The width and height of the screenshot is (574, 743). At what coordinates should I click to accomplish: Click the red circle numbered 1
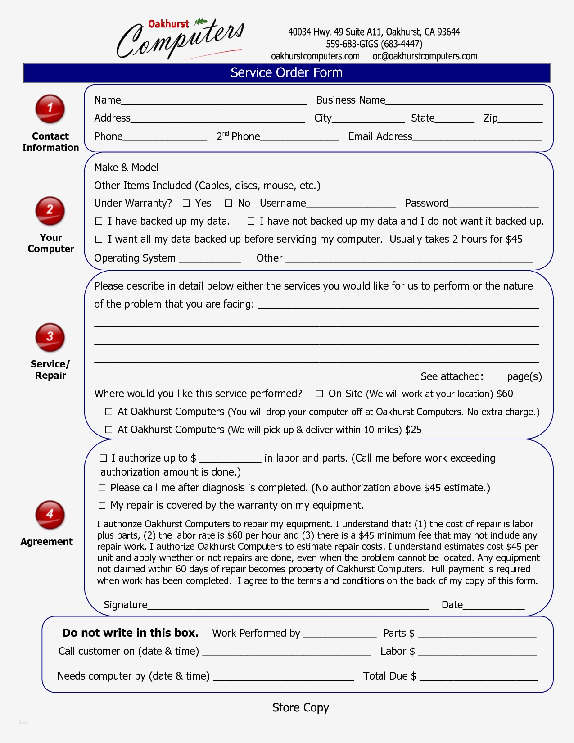tap(50, 109)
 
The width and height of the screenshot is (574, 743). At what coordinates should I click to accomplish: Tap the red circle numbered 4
tap(50, 514)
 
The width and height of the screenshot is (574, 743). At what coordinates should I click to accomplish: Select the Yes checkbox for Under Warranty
tap(186, 204)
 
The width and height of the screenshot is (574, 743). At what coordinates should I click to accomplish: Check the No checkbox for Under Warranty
tap(228, 204)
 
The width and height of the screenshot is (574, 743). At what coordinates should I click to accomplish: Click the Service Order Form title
tap(286, 73)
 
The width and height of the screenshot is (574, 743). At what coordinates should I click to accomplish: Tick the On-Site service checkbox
tap(319, 394)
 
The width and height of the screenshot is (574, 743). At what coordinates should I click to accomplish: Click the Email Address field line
tap(477, 139)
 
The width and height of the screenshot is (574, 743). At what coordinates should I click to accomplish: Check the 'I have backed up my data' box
tap(99, 222)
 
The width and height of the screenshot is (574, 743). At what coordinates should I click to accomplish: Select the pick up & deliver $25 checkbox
tap(108, 430)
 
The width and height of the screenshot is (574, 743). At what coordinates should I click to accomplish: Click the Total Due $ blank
tap(479, 678)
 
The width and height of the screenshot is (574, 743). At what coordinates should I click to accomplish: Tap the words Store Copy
tap(300, 707)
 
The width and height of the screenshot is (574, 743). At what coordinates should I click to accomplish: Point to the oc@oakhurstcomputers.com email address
tap(425, 56)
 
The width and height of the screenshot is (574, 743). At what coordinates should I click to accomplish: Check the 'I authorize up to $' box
tap(103, 458)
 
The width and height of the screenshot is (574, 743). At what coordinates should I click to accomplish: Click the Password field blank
tap(493, 205)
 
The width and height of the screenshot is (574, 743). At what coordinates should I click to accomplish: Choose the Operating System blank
tap(210, 260)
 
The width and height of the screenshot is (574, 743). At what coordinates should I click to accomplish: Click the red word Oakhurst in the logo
tap(168, 24)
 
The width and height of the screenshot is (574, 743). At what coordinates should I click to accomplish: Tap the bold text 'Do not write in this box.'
tap(130, 633)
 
